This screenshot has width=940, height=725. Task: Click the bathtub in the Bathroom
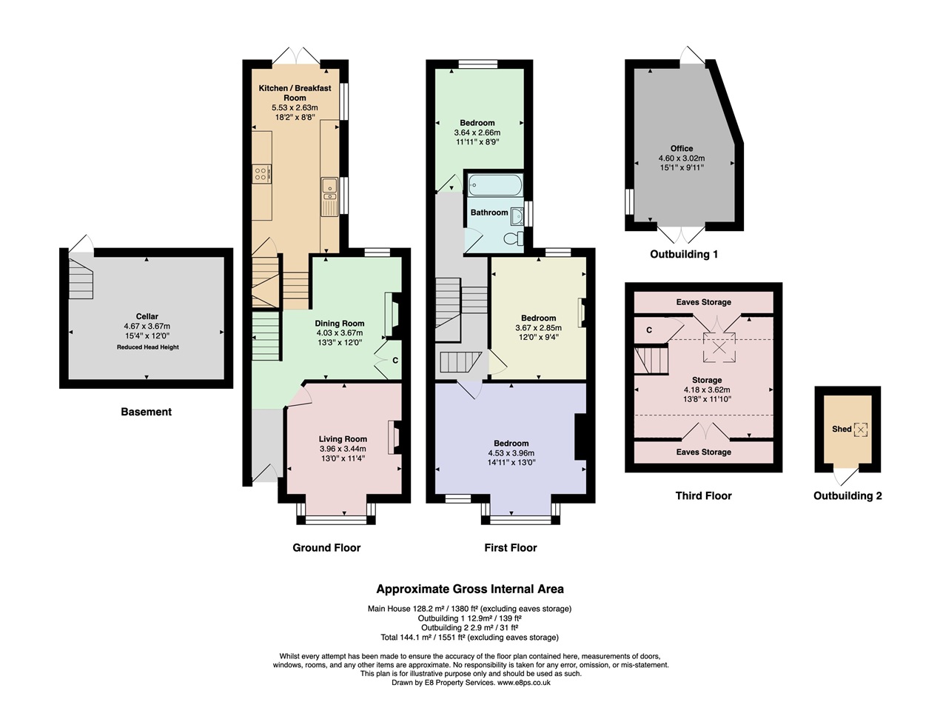(x=495, y=185)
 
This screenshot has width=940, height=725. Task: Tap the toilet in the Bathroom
(x=514, y=238)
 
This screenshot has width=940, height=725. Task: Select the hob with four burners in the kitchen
(x=262, y=174)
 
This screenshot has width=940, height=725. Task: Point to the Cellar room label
(x=147, y=316)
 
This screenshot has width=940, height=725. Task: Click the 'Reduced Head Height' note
(x=147, y=347)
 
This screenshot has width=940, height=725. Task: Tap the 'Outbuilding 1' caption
(x=684, y=255)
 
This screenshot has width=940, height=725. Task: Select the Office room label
(x=682, y=148)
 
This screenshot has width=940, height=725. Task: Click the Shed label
(x=842, y=429)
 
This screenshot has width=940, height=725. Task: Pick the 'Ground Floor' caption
(x=326, y=548)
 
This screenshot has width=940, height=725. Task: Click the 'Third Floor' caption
(x=703, y=495)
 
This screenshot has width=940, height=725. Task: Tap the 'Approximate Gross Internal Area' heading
(x=470, y=589)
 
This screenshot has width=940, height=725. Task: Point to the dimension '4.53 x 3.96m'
(x=511, y=453)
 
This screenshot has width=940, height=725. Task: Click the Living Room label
(x=343, y=439)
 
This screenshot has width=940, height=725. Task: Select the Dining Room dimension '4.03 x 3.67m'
(x=340, y=333)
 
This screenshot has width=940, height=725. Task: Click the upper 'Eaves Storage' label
(x=704, y=302)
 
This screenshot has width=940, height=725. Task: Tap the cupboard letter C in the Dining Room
(x=395, y=360)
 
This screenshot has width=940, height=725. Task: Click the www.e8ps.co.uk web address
(x=524, y=683)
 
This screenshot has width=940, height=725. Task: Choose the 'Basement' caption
(x=147, y=412)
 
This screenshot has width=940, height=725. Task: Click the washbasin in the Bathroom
(x=517, y=216)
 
